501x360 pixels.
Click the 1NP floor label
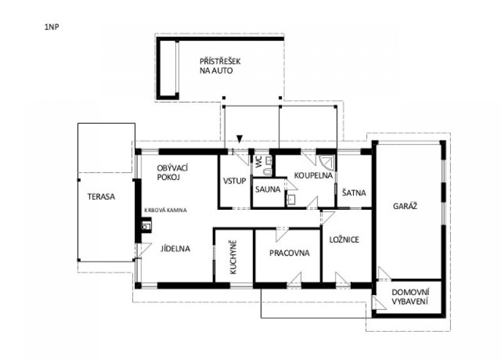52,27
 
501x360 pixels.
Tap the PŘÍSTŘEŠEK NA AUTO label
220,66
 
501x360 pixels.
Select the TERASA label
101,197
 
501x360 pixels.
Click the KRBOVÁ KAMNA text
165,210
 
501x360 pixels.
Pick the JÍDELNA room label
175,249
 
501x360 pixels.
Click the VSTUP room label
234,181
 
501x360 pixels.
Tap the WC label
259,162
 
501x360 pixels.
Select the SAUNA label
268,190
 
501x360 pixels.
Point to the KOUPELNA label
314,175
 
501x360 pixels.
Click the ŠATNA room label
354,193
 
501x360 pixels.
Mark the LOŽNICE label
344,239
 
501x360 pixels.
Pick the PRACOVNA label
289,253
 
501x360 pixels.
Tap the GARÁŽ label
405,206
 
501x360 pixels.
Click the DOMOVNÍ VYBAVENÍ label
410,297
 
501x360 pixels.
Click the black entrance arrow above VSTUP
240,138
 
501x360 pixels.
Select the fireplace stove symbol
146,225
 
